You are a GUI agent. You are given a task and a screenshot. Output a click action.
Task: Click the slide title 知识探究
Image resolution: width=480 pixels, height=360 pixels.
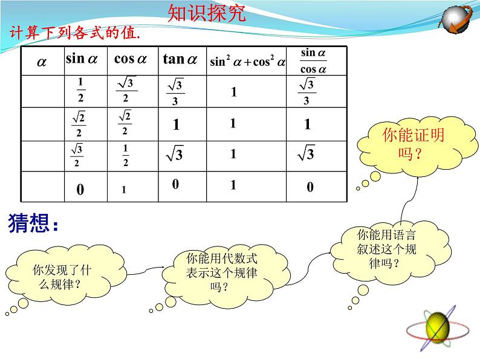[206, 14]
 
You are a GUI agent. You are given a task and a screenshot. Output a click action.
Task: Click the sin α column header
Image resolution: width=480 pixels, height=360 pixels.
[81, 59]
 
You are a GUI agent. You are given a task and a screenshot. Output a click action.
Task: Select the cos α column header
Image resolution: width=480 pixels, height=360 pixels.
[130, 59]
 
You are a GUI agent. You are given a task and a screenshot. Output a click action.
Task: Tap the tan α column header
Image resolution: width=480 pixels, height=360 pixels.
[180, 59]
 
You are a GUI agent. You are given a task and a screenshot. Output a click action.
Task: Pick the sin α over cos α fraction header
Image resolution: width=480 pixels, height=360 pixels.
[313, 61]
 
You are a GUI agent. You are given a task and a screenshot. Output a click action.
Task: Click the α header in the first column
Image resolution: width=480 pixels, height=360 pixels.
[42, 62]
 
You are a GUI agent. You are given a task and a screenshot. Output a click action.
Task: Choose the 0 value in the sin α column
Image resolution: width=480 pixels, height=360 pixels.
[80, 190]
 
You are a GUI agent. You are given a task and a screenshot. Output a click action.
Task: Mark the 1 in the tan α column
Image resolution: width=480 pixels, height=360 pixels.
[176, 125]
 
